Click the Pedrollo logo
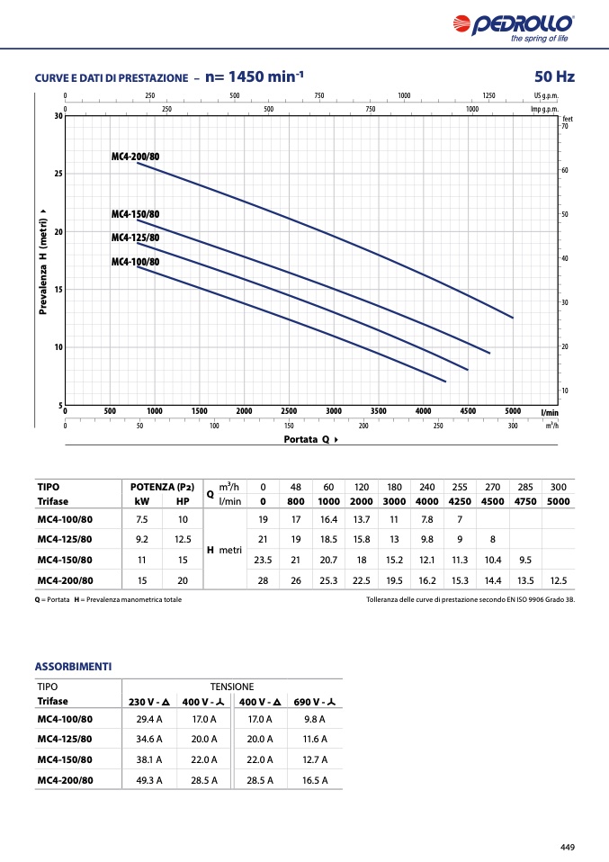514,28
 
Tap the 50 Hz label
554,76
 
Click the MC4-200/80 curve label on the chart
135,157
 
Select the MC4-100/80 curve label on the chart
135,262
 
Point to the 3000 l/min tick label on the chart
333,410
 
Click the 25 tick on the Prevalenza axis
58,174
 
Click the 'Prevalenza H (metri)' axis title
43,262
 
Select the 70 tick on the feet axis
565,126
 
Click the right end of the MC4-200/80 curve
513,318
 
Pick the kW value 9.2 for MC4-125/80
142,539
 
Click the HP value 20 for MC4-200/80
183,580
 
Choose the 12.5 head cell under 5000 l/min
559,580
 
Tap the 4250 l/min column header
460,501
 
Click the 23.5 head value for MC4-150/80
263,561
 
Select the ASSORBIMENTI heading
73,666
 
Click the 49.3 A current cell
149,780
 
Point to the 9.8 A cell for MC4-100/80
314,719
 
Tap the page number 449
568,848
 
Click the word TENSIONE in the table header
232,687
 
